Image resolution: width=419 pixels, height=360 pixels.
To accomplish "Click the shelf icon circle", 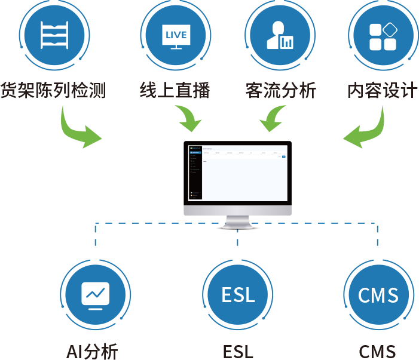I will point(54,36).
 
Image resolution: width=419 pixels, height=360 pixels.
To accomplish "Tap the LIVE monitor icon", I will point(176,36).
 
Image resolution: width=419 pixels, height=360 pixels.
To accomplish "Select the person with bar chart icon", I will point(280,36).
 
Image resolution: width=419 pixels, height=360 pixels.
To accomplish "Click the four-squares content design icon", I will point(384,36).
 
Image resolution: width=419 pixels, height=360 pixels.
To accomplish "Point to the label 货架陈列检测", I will point(53,91).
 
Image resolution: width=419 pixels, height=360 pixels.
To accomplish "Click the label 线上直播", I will point(176,91).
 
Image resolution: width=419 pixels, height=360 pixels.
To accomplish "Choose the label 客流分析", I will point(280,91).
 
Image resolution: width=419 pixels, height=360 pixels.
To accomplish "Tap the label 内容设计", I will point(383,91).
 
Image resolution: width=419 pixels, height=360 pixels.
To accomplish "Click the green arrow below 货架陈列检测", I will point(80,127).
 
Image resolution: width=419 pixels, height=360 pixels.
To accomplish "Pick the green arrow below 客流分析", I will point(273,119).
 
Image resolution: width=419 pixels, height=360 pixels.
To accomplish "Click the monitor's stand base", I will point(237,225).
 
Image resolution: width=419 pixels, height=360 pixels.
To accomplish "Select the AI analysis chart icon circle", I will point(96,294).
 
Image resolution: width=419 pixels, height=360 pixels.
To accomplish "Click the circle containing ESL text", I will point(238,294).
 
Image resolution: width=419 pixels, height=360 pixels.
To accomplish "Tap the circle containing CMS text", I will point(378,294).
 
